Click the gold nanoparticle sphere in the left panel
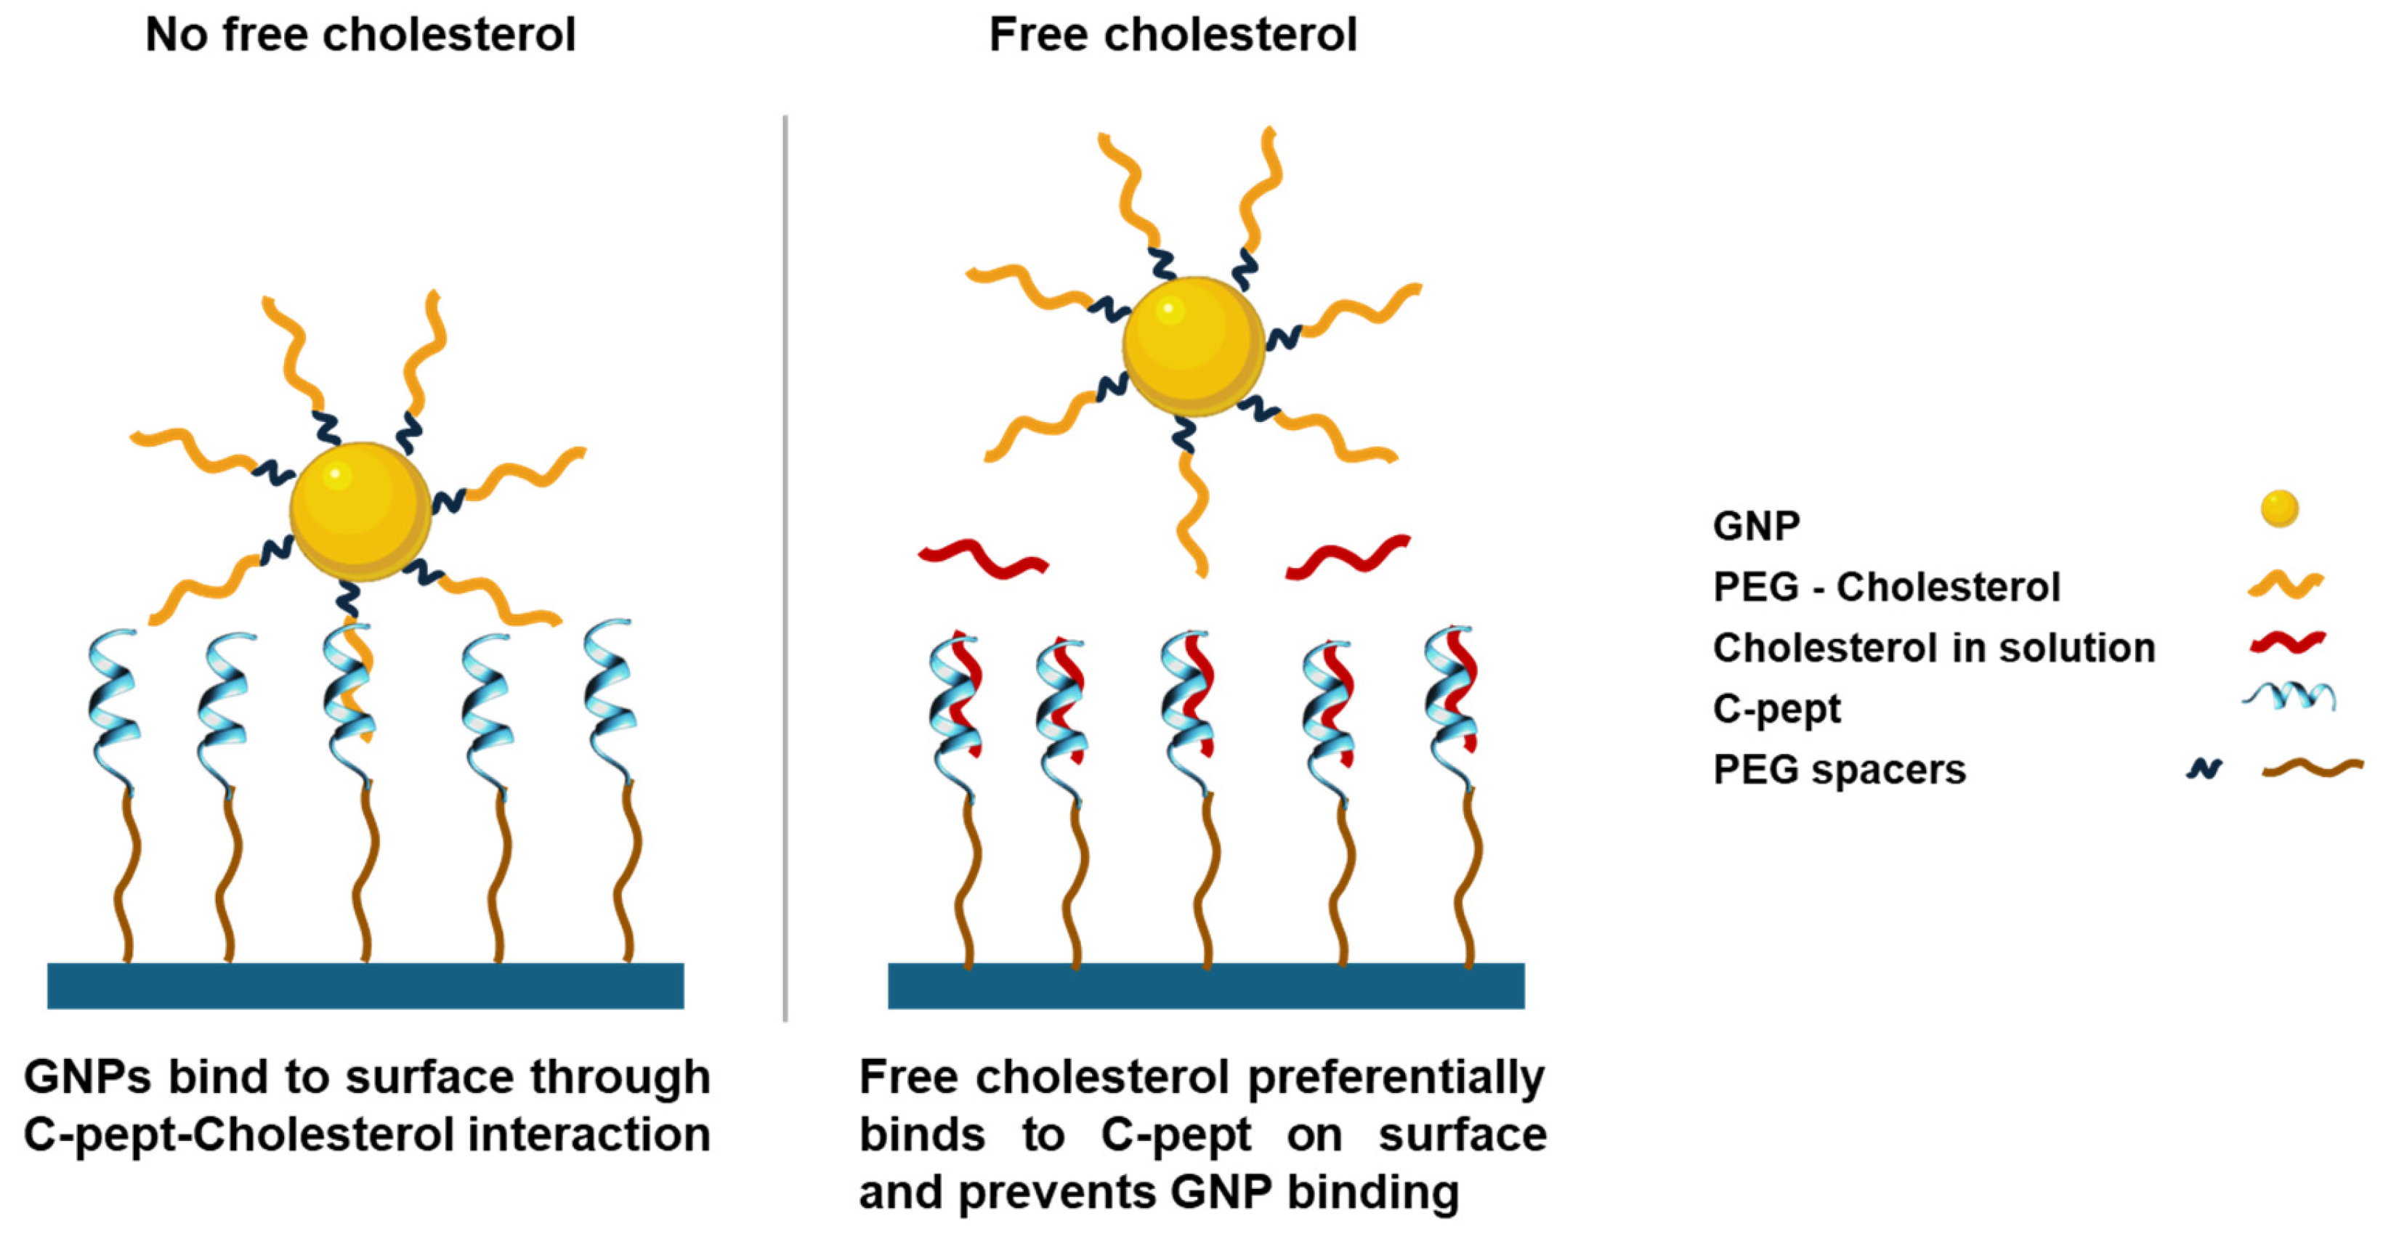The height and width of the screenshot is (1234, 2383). pyautogui.click(x=361, y=511)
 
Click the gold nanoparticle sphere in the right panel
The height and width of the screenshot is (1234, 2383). pyautogui.click(x=1194, y=346)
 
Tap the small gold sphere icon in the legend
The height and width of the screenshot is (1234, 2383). pyautogui.click(x=2279, y=508)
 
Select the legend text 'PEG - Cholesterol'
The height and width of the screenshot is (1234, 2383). pyautogui.click(x=1886, y=586)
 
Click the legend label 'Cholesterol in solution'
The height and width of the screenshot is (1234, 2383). pyautogui.click(x=1933, y=648)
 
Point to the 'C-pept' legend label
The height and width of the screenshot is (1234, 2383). pyautogui.click(x=1776, y=709)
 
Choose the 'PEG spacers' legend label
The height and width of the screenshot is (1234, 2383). pyautogui.click(x=1839, y=770)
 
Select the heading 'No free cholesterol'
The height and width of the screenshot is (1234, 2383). pyautogui.click(x=361, y=35)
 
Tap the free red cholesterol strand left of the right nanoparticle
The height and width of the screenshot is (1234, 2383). pyautogui.click(x=982, y=559)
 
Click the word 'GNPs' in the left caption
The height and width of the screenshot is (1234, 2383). pyautogui.click(x=87, y=1078)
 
